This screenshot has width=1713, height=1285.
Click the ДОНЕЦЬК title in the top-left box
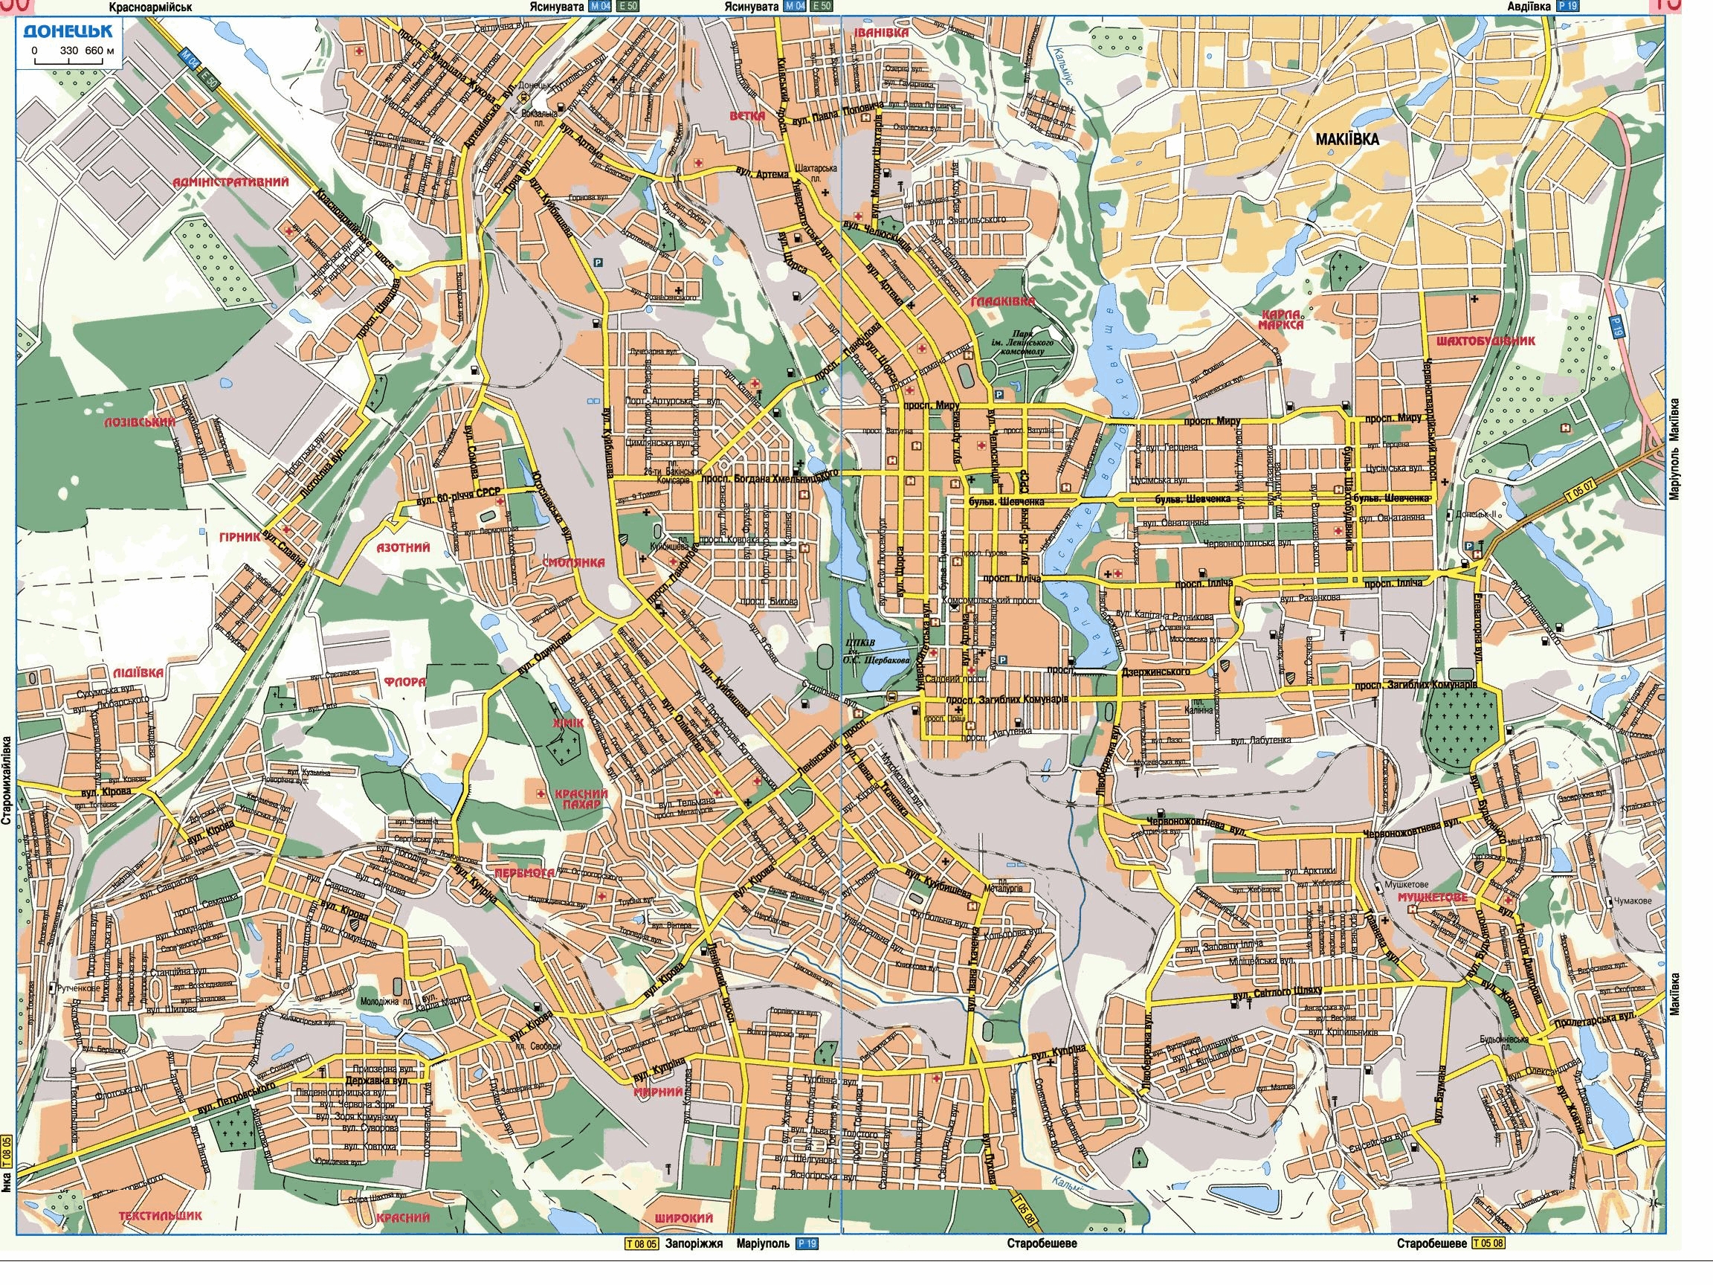[68, 31]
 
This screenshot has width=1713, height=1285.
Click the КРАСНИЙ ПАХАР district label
[581, 799]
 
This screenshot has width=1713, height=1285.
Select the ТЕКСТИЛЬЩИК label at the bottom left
[161, 1215]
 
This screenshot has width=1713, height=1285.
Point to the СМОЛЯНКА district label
[574, 563]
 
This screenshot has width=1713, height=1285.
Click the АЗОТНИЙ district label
[403, 547]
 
